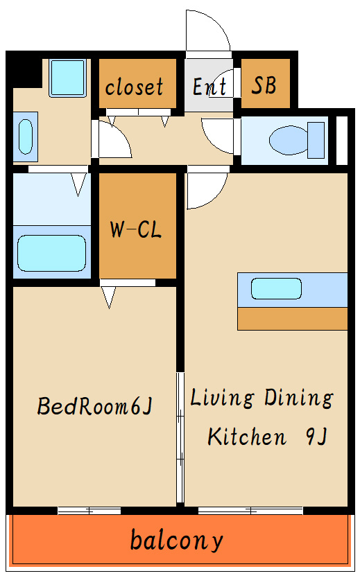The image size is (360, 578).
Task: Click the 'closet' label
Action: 134,87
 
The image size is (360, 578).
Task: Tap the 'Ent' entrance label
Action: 209,87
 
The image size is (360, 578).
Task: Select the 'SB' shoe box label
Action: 264,85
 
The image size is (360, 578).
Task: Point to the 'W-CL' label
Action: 136,229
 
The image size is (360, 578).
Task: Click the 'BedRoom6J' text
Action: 95,406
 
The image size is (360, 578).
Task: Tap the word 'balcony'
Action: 177,541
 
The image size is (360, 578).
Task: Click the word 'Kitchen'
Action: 247,437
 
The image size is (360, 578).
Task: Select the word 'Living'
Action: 223,398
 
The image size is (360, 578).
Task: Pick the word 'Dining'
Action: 299,398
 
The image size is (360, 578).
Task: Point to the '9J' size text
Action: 316,437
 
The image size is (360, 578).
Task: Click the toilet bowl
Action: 289,140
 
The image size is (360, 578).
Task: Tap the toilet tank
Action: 316,140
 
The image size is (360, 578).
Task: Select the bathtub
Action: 51,253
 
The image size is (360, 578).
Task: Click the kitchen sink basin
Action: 276,288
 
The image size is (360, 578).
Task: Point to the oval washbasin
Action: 26,137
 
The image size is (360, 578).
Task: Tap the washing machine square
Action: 68,78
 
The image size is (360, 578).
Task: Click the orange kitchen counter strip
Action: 293,319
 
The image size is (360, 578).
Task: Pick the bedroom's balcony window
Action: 89,511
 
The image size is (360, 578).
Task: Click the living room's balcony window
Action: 250,511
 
